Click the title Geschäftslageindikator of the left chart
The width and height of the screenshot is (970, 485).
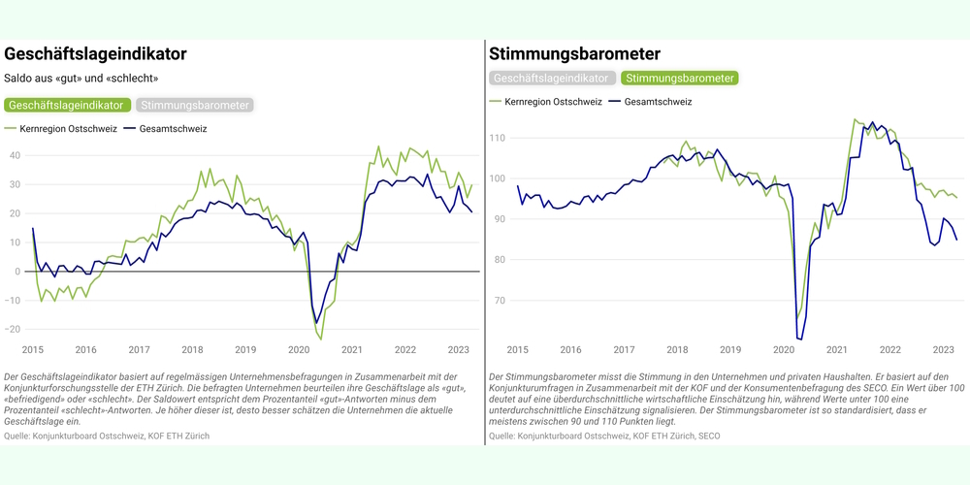[x=95, y=54]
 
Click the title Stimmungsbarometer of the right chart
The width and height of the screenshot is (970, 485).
[x=574, y=54]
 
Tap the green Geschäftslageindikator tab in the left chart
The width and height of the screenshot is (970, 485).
[x=68, y=105]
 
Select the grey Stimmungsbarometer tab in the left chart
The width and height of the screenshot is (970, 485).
[x=195, y=105]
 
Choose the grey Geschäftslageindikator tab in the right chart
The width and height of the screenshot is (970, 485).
[x=553, y=79]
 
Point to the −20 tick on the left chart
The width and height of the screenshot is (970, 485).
[x=13, y=330]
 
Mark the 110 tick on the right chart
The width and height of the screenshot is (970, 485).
[x=498, y=138]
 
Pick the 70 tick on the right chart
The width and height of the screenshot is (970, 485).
[x=500, y=301]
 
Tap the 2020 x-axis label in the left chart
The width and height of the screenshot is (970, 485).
[x=299, y=350]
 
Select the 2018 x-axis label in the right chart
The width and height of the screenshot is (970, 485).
[x=676, y=350]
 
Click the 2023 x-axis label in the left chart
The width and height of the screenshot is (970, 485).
[x=459, y=350]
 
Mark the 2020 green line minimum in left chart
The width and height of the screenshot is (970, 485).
[x=320, y=339]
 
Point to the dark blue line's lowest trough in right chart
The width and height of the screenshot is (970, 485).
[x=800, y=339]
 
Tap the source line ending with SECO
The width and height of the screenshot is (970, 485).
[x=604, y=436]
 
